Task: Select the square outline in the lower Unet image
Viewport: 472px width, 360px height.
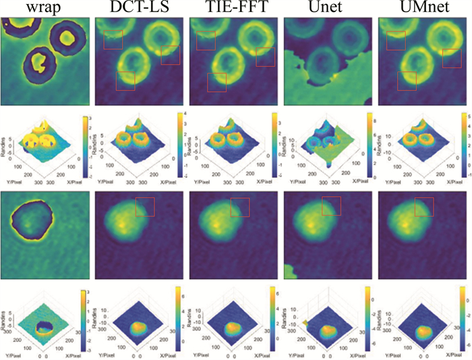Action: (x=331, y=206)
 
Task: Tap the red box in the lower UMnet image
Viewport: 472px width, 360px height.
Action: (x=424, y=206)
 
